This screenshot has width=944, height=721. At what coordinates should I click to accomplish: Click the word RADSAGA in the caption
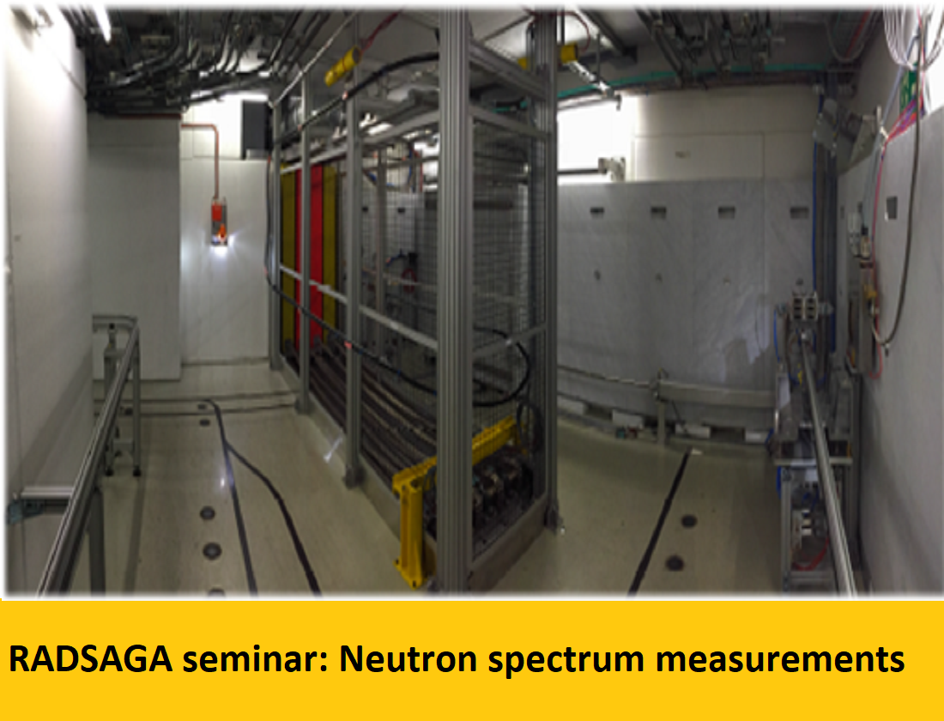point(90,659)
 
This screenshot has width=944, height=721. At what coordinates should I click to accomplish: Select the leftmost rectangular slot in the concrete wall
point(597,211)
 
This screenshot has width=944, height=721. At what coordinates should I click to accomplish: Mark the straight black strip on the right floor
point(659,521)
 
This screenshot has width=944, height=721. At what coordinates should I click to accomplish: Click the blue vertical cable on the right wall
point(815,199)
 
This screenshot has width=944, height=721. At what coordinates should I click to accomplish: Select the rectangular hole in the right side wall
point(892,209)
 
